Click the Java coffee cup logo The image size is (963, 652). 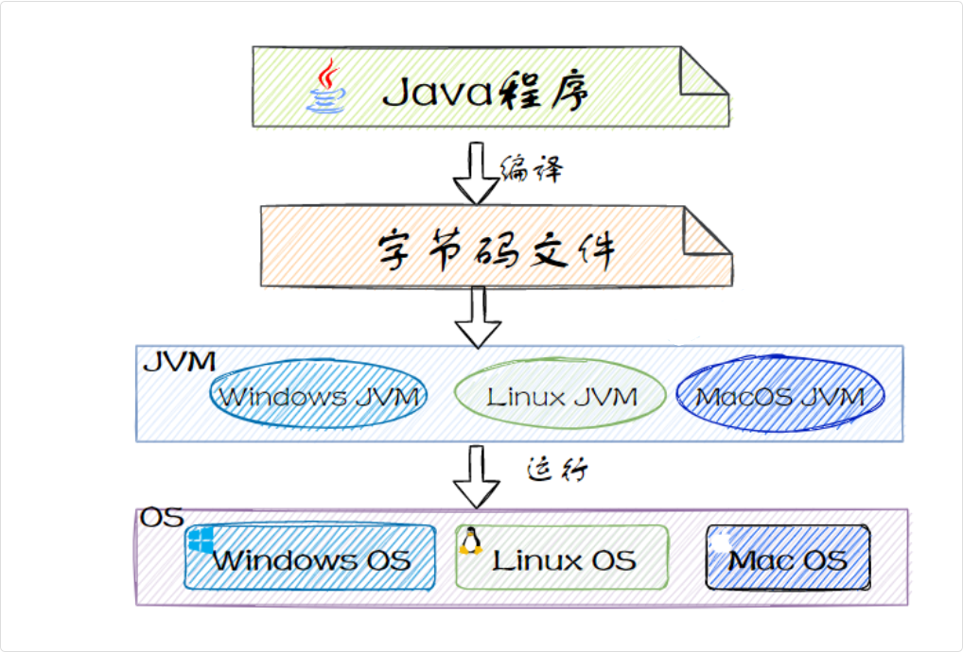coord(326,87)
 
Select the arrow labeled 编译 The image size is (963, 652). coord(476,173)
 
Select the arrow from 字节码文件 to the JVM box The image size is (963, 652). coord(478,317)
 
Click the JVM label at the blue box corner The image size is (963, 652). coord(178,361)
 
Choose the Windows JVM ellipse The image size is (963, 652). coord(318,396)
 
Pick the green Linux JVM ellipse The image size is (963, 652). coord(562,396)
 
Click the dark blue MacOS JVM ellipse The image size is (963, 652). coord(779,396)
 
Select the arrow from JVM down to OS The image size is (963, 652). coord(476,477)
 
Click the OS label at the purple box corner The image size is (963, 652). coord(160,519)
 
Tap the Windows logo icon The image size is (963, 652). coord(201,540)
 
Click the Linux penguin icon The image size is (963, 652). coord(470,540)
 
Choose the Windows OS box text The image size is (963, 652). coord(311,559)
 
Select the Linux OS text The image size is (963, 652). coord(564,559)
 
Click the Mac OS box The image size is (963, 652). coord(787,558)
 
